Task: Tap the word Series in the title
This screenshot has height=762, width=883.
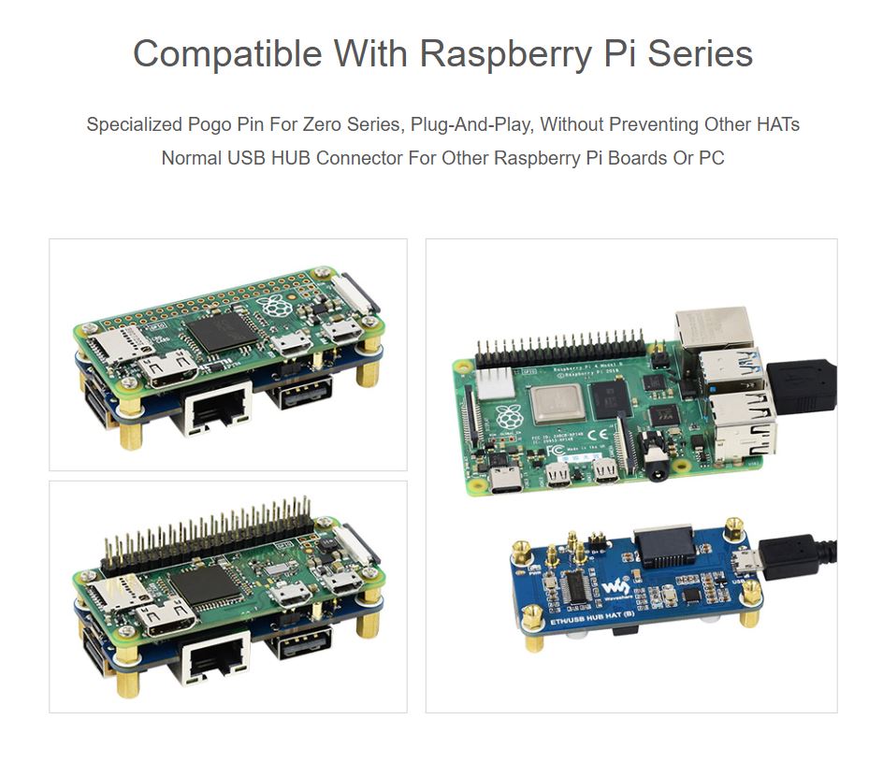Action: [x=700, y=53]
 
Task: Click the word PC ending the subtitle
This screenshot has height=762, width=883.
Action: [x=711, y=157]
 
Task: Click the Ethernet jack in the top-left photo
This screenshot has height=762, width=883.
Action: [x=219, y=409]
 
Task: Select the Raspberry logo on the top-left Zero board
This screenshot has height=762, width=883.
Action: [x=274, y=306]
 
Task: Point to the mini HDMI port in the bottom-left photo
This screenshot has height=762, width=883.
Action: [x=168, y=619]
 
